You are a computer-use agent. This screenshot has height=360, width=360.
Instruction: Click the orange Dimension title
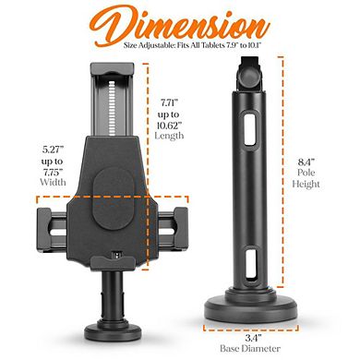(180, 25)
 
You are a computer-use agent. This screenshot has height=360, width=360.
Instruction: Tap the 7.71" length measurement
(170, 102)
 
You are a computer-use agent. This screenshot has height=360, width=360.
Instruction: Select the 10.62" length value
(170, 125)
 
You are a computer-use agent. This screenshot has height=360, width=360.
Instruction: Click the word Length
(169, 136)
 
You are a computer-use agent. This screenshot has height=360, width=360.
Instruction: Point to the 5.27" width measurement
(53, 150)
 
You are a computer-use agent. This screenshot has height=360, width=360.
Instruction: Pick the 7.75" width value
(53, 172)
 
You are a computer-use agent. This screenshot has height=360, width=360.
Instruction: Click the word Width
(53, 182)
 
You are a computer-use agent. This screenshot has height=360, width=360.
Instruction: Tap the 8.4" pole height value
(306, 162)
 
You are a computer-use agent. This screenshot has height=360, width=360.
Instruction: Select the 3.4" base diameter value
(254, 338)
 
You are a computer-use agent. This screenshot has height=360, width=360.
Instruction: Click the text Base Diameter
(250, 349)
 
